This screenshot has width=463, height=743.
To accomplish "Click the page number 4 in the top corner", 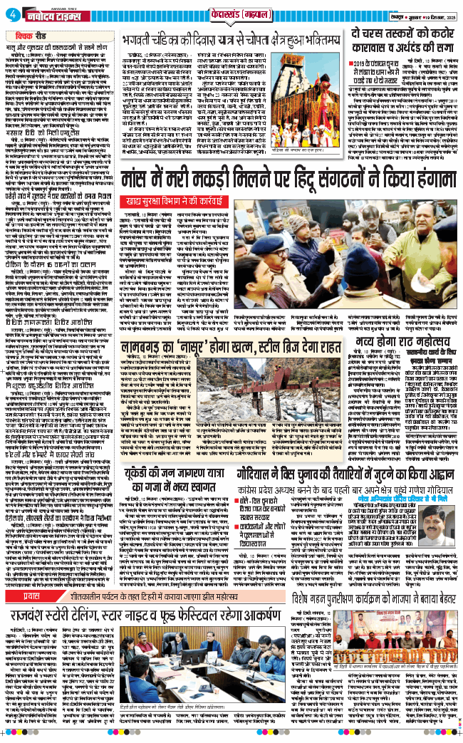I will point(7,14).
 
